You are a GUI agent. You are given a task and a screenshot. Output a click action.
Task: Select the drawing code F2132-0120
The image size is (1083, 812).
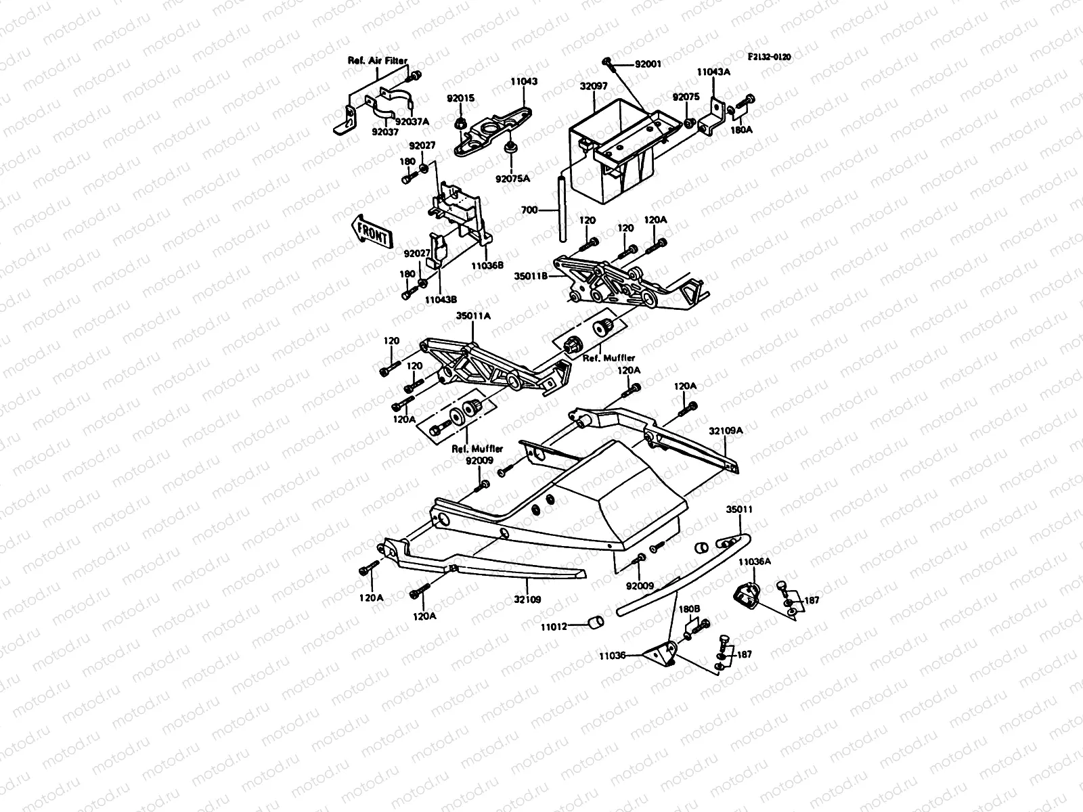(770, 58)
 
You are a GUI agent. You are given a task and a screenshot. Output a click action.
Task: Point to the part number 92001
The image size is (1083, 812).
(648, 64)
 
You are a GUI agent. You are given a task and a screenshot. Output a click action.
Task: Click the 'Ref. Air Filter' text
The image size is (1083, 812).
(378, 61)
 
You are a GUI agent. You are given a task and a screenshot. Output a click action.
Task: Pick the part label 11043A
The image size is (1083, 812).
(713, 70)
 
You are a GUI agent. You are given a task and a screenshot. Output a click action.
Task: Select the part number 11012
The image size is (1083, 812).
(553, 627)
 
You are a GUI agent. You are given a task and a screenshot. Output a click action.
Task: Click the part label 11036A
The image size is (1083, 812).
(753, 562)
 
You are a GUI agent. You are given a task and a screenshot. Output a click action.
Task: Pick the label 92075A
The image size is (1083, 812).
(512, 179)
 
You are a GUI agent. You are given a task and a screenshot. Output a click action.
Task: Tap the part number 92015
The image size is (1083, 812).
(460, 98)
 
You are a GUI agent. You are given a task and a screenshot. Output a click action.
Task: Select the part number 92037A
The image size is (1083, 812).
(413, 122)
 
